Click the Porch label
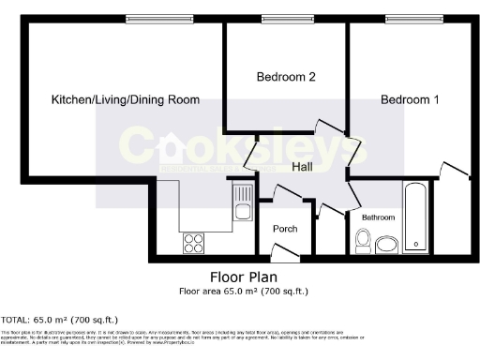(x=285, y=229)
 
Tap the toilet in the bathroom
(x=363, y=242)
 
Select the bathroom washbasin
(x=385, y=246)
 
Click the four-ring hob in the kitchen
(x=195, y=243)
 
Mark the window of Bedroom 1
(x=405, y=20)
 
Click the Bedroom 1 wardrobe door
(x=454, y=172)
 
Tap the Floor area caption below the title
(x=243, y=292)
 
